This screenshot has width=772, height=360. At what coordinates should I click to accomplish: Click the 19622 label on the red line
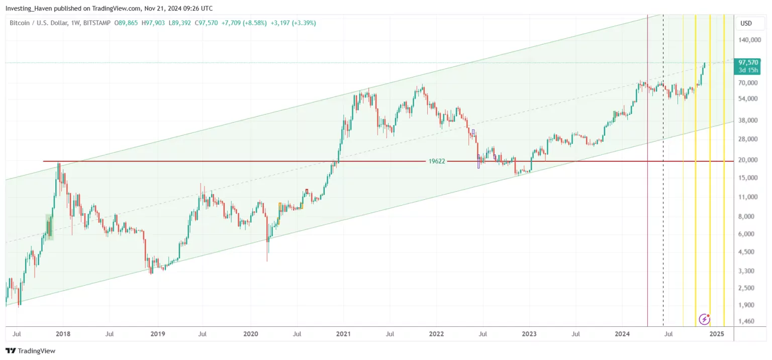click(436, 161)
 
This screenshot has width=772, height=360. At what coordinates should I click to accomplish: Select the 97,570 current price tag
click(748, 62)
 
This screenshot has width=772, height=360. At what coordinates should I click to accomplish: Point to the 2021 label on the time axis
click(343, 333)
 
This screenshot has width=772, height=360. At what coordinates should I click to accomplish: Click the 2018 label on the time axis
click(63, 333)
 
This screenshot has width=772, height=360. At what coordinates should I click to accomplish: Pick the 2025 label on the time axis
click(717, 333)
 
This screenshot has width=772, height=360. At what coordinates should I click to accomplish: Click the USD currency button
click(746, 23)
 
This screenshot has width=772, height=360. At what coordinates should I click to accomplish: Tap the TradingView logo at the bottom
click(31, 350)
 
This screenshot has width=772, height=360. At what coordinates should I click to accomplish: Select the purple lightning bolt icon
click(705, 319)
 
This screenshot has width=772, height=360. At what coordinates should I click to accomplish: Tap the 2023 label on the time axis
click(529, 333)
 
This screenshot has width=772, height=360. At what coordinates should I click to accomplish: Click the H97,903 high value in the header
click(153, 23)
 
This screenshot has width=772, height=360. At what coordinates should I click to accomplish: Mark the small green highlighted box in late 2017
click(49, 226)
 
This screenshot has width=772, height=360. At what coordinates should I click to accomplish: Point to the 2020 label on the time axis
click(250, 333)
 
